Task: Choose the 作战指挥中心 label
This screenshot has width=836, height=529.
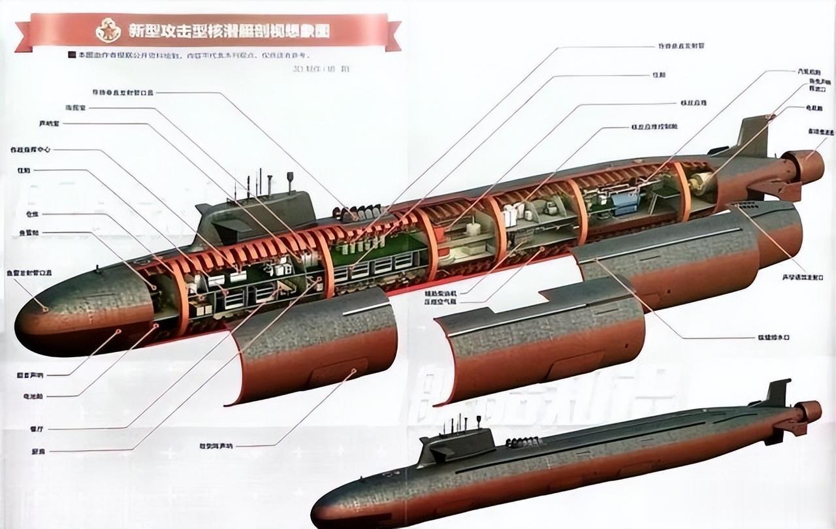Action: (x=29, y=150)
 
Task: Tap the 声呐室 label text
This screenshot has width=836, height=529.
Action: (x=49, y=123)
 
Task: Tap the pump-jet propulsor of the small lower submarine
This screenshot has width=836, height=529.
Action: (x=807, y=411)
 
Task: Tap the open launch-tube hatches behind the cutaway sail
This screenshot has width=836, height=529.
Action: (x=357, y=212)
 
